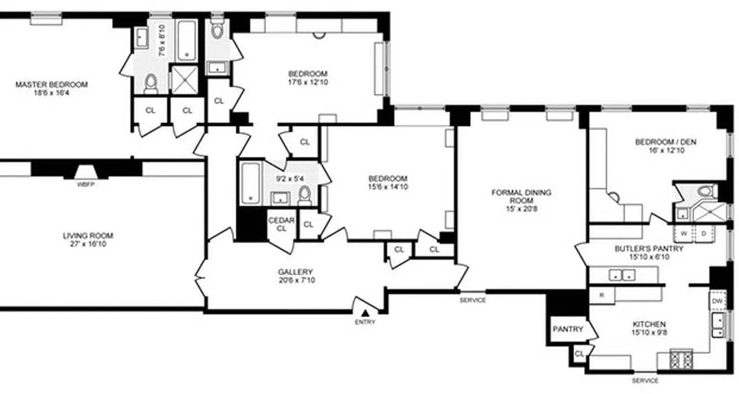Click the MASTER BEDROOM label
51,85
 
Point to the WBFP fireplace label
85,185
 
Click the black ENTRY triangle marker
365,312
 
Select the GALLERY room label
295,272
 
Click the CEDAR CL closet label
281,224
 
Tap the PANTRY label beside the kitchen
568,329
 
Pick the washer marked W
683,233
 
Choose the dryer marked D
703,233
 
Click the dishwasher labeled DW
717,300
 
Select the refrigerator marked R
602,295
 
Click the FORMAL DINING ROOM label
521,196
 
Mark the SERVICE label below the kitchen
645,381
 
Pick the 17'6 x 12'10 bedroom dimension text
308,82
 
